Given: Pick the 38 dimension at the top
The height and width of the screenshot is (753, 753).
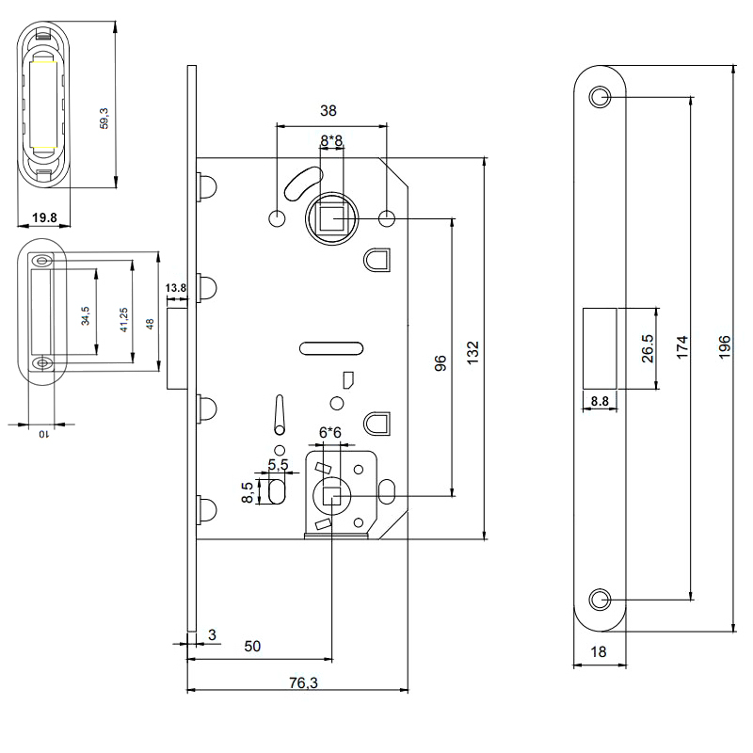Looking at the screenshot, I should point(328,110).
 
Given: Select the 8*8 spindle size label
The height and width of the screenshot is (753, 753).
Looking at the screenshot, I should point(331,140).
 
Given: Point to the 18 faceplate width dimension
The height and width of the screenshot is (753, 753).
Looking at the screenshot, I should point(600,651).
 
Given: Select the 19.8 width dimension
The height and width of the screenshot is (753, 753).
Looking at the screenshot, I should point(45,217).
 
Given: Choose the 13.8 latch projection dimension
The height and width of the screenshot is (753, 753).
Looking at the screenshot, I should point(176,287).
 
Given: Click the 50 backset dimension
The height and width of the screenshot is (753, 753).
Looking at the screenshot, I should point(252,647).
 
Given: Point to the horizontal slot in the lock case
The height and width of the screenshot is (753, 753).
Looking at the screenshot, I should point(331,349).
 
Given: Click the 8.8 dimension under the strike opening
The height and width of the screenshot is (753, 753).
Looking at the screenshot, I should point(600,402).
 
